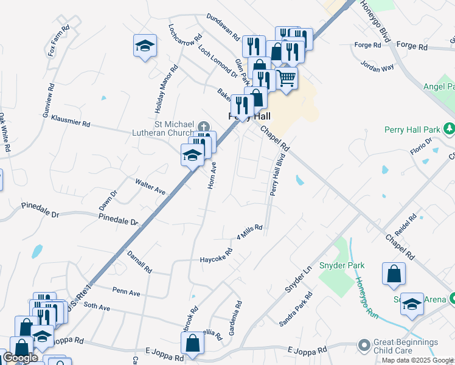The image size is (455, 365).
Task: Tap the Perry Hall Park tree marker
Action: tap(450, 128)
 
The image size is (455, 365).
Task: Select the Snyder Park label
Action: tap(346, 265)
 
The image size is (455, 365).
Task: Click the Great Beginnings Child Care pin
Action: tap(364, 346)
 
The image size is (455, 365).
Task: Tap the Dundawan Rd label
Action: tap(223, 27)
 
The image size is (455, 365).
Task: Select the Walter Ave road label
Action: tap(150, 186)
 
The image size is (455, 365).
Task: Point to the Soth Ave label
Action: tap(97, 308)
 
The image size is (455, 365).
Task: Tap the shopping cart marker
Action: tap(287, 78)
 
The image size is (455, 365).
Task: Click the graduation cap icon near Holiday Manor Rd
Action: tap(145, 46)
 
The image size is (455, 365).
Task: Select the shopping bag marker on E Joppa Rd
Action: tap(192, 342)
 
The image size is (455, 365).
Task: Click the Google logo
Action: tap(19, 358)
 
